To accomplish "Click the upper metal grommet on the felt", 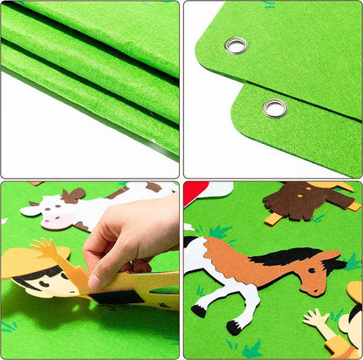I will (236, 45).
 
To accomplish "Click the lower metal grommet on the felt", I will (274, 108).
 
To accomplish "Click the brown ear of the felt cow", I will (74, 195).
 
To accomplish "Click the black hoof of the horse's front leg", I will (234, 327).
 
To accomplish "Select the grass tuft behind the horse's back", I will (218, 232).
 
